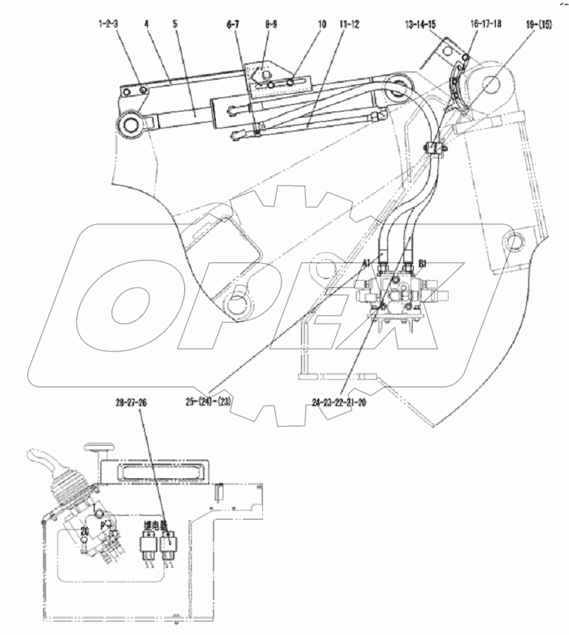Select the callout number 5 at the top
coord(175,24)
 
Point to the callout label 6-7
coord(233,24)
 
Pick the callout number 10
coord(321,24)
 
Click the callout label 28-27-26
coord(132,402)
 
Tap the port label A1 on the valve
coord(367,262)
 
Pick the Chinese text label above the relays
coord(157,526)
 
